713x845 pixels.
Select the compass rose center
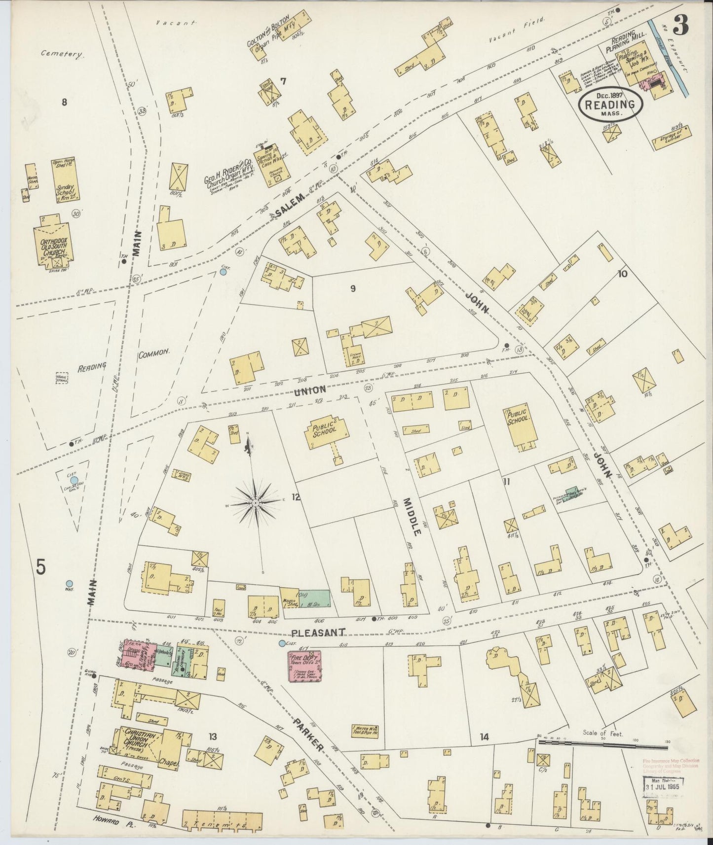click(256, 503)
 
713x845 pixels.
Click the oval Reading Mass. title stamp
click(611, 105)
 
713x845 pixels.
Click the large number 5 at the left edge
click(40, 567)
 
